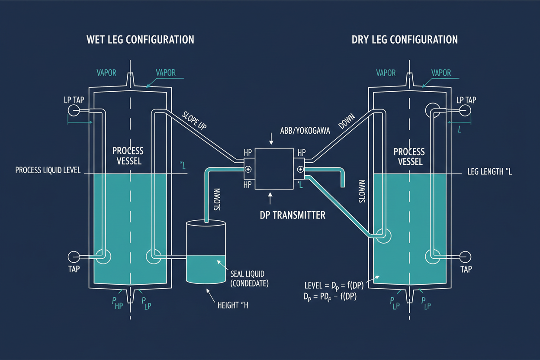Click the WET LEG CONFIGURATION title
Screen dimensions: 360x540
point(140,40)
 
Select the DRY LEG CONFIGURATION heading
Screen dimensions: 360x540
point(405,40)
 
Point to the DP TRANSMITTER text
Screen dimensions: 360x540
point(292,215)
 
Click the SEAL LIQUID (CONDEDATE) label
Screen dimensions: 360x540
point(248,279)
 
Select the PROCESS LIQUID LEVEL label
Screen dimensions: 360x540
point(48,170)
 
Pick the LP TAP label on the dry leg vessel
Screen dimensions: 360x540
point(466,100)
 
